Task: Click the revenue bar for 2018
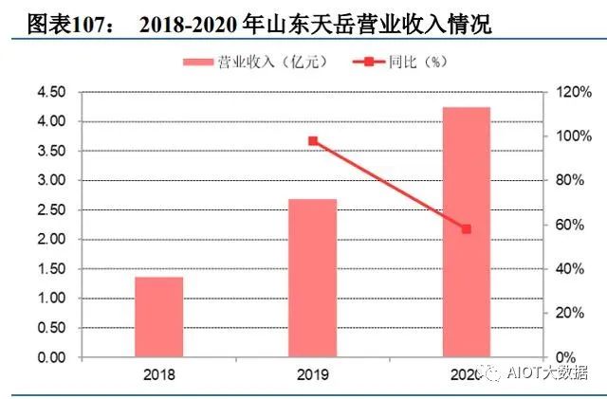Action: point(158,317)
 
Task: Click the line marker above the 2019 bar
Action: point(312,141)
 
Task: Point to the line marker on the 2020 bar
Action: point(466,229)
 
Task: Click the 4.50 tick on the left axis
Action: point(51,92)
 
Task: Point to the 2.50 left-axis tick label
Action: point(51,209)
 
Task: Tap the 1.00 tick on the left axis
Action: point(51,299)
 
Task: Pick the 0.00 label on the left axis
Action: point(51,357)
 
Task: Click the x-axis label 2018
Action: point(158,375)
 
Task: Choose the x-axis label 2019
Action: point(312,375)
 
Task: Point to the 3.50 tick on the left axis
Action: point(51,151)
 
